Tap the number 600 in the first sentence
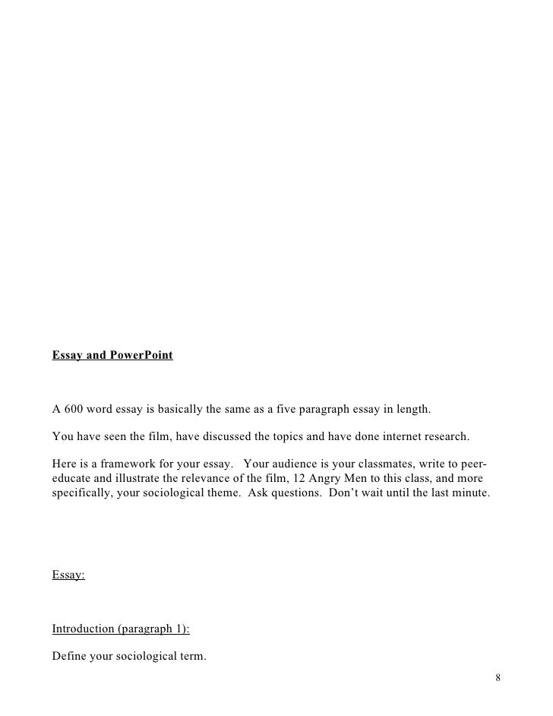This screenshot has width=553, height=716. click(73, 410)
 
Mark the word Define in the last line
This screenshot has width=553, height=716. click(69, 656)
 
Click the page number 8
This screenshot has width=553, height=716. click(497, 678)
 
